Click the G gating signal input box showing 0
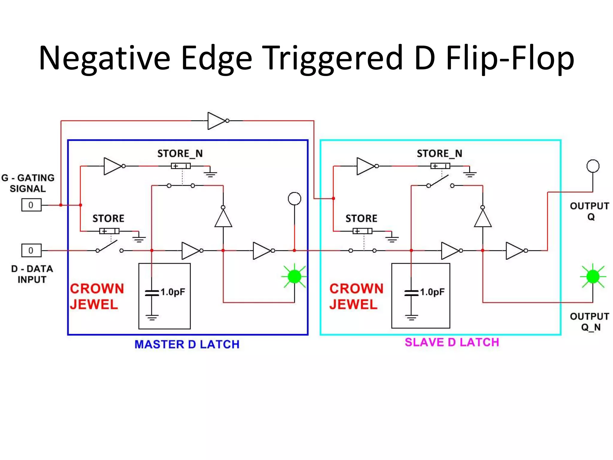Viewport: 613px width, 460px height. click(31, 205)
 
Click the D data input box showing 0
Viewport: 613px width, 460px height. click(31, 250)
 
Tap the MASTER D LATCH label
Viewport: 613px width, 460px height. click(187, 344)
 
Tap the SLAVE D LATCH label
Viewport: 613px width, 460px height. click(452, 342)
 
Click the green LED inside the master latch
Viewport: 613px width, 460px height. click(294, 276)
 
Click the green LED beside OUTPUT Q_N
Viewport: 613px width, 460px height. click(593, 276)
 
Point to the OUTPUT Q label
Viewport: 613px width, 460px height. click(590, 211)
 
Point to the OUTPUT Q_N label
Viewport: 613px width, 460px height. click(590, 322)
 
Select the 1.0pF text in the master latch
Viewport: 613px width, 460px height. click(173, 292)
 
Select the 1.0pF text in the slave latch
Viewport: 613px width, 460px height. click(432, 292)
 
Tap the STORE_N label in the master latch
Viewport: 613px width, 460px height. click(180, 154)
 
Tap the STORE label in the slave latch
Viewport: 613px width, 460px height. click(361, 219)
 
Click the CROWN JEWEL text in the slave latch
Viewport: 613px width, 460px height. click(356, 296)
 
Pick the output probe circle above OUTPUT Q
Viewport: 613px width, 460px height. click(593, 166)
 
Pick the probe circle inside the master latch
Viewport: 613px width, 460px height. click(294, 199)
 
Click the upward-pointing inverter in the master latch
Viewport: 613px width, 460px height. click(223, 218)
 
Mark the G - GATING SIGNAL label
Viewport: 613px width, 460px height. click(28, 183)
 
